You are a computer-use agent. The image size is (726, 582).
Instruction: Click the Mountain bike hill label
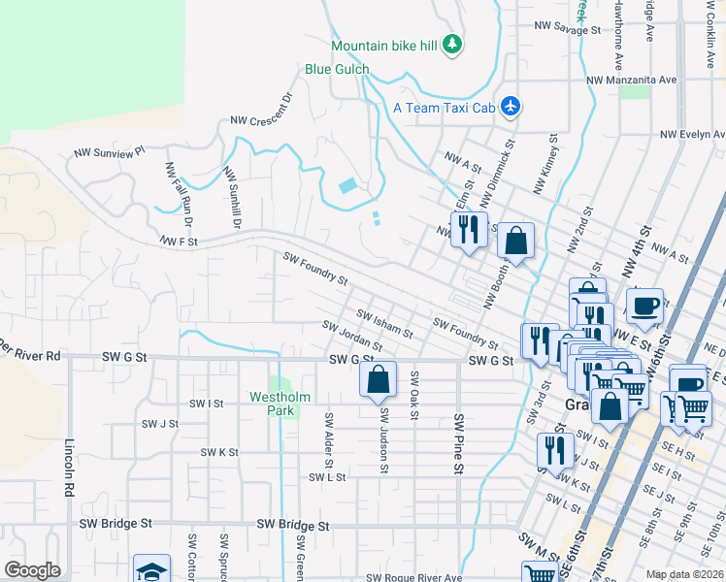coord(385,46)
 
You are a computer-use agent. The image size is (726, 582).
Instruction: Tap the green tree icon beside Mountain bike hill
coord(451,44)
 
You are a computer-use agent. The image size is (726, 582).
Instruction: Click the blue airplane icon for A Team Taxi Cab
coord(511,108)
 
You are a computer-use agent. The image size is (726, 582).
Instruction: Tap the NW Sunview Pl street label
coord(110,152)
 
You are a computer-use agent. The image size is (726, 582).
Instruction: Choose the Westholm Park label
coord(279,403)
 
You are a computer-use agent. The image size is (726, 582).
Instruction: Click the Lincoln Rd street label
coord(69,470)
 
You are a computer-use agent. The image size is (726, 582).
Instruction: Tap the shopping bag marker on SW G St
coord(379,379)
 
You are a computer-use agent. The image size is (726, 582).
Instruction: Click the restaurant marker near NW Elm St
coord(469,230)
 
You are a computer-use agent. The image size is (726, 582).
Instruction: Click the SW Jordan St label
coord(352,336)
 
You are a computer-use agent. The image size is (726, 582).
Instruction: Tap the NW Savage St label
coord(568,30)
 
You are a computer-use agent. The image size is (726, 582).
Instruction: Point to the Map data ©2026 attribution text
coord(685,574)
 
